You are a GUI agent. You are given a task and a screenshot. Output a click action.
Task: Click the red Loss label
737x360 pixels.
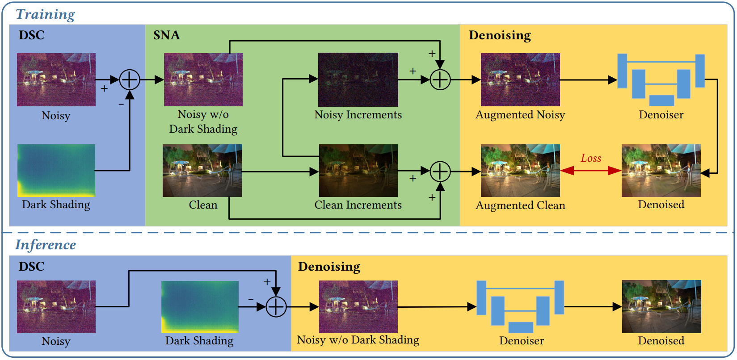tap(591, 158)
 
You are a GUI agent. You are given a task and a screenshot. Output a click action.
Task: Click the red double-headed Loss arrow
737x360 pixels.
tap(590, 171)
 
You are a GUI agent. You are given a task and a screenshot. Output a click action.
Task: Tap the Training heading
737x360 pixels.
tap(46, 14)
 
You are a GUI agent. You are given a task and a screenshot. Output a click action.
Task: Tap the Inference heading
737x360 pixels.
tap(46, 245)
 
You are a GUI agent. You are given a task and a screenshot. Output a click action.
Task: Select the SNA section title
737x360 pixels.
tap(166, 35)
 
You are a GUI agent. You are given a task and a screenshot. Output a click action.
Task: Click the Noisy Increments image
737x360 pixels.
tap(358, 80)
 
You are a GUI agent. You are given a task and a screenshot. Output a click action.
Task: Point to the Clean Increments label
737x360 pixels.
tap(358, 205)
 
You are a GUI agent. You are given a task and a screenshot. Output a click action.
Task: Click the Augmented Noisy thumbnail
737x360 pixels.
tap(520, 80)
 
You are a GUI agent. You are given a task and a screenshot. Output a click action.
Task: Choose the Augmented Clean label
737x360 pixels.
tap(520, 205)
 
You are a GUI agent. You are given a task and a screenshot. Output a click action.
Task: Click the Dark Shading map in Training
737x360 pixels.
tap(56, 170)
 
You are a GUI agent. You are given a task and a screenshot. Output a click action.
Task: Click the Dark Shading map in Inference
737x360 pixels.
tap(200, 307)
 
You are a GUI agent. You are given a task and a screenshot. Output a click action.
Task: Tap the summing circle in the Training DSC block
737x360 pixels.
tap(130, 80)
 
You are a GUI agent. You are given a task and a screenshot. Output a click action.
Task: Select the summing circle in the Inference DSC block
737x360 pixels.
tap(276, 307)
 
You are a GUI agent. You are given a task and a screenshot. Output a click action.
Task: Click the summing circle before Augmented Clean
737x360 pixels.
tap(440, 171)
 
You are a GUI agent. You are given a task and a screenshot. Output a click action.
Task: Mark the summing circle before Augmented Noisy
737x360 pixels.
tap(440, 80)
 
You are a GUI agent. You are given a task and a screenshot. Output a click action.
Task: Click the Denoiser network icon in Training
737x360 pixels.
tap(661, 80)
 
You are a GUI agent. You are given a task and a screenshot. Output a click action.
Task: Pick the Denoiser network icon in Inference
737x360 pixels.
tap(520, 307)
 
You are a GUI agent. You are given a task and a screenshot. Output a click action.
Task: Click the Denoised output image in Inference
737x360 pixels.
tap(661, 307)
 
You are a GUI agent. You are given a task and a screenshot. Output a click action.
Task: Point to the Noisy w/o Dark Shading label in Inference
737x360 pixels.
tap(358, 340)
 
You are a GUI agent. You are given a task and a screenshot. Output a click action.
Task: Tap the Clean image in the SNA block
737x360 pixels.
tap(202, 170)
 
